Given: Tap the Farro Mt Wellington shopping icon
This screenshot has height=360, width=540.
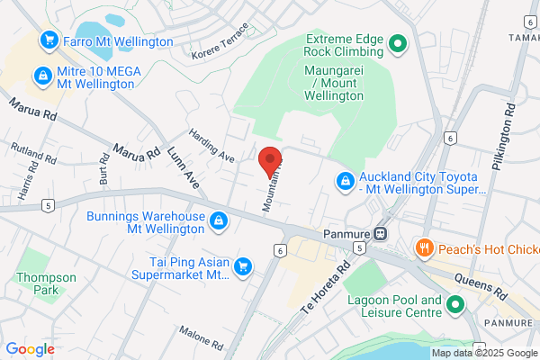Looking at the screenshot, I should coord(48,41).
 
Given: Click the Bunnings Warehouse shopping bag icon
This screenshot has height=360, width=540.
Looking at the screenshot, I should coord(218,220).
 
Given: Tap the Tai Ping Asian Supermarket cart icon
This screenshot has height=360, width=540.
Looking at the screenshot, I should coord(242,266).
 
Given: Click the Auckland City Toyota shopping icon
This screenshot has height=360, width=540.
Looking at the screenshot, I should coord(344,182).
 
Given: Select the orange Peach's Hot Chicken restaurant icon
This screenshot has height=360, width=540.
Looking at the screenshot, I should coord(421,247).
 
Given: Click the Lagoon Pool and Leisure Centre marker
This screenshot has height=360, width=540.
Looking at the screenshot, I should coord(455,306).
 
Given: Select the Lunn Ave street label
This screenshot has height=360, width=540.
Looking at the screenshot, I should coord(184,166).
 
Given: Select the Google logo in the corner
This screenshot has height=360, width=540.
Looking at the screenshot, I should coord(30,348).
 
